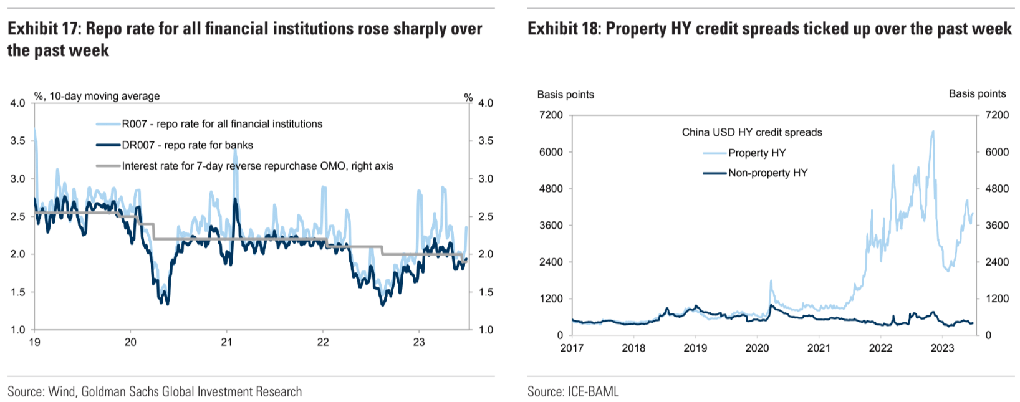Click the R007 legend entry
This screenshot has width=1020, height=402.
point(222,124)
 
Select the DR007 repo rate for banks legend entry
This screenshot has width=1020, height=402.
point(187,145)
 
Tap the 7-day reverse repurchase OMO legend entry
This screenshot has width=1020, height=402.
point(257,166)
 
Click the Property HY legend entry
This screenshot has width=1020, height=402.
point(756,153)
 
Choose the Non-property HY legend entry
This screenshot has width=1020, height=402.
point(767,173)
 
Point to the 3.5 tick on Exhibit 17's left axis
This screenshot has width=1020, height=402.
point(18,141)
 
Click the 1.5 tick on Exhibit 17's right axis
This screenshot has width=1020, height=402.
point(486,292)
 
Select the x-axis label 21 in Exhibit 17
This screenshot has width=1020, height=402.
point(226,342)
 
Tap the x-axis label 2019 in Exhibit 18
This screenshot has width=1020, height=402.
point(695,348)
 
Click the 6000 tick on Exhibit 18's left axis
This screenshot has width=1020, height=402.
point(551,152)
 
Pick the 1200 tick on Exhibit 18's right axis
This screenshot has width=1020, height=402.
point(997,299)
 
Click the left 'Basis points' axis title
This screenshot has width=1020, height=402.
point(565,95)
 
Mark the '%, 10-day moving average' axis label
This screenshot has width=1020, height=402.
point(97,96)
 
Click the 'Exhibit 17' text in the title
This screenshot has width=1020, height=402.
point(42,29)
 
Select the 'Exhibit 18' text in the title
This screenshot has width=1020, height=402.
point(564,29)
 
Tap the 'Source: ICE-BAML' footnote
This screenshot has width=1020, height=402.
point(573,391)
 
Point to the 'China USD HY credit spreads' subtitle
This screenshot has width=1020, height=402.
point(752,132)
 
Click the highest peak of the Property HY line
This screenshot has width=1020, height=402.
point(933,131)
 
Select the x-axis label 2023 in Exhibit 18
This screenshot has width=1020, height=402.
point(942,348)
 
